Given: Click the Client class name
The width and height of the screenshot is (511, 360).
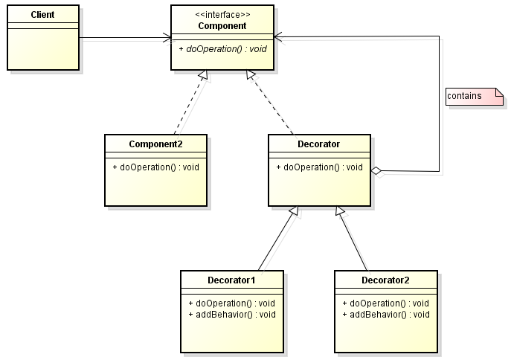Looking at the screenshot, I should (42, 15).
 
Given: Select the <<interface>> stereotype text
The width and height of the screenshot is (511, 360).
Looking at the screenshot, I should (222, 14).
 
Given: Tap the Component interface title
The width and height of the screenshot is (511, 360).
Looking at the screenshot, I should (222, 26).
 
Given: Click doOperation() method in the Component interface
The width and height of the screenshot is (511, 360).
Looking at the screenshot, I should (222, 48).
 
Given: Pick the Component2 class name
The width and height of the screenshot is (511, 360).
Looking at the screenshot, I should (155, 144).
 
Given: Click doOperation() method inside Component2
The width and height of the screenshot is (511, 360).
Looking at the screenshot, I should (155, 167).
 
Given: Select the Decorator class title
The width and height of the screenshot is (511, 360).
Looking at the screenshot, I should (318, 144).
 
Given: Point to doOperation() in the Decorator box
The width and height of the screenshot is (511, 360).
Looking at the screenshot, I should (319, 167).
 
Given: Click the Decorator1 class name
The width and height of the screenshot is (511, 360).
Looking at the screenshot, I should (231, 280).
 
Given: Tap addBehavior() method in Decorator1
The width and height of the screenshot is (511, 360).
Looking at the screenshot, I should (231, 314).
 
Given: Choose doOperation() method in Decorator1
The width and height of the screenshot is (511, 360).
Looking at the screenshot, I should (231, 303).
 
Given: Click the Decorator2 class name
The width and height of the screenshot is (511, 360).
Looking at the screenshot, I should (385, 280).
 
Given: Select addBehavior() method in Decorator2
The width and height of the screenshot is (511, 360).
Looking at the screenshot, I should (385, 314).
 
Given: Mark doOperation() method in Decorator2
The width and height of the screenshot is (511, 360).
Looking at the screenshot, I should (385, 303).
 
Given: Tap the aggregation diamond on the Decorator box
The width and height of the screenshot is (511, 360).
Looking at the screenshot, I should (376, 172).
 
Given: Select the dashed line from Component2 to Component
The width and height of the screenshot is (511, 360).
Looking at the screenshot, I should (188, 102).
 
